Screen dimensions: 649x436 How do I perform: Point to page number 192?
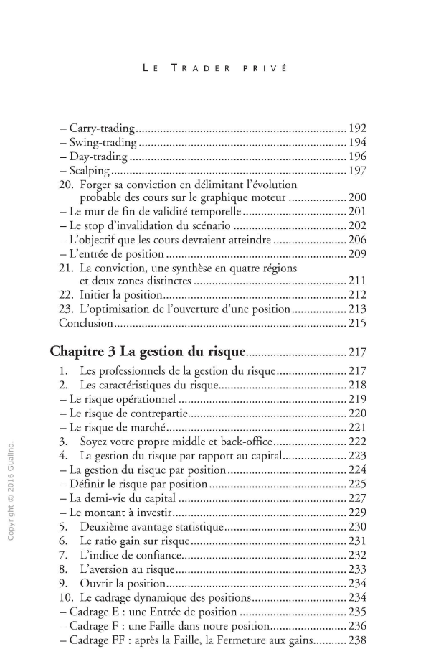click(357, 129)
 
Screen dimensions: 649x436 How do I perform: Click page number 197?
click(357, 170)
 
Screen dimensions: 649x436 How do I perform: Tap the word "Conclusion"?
click(86, 323)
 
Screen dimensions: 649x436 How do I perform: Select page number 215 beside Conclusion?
click(357, 323)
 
